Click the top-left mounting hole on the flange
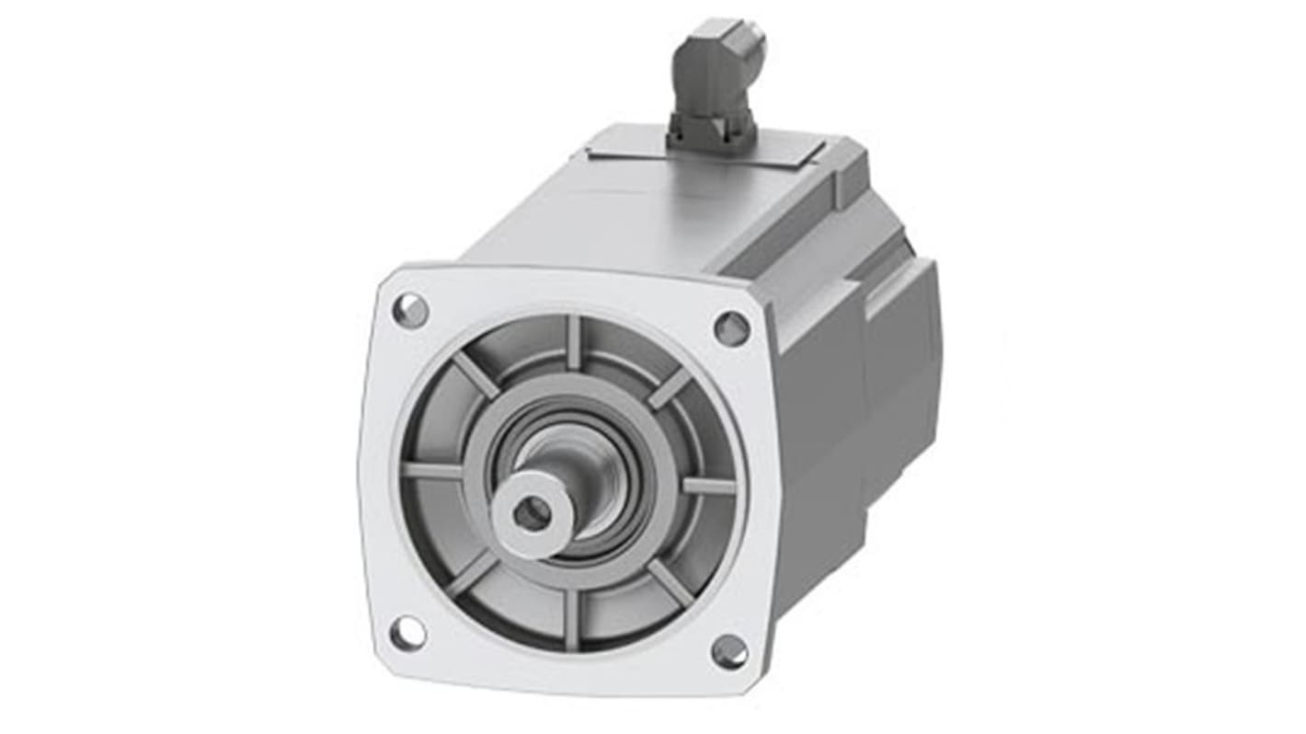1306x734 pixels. pyautogui.click(x=410, y=310)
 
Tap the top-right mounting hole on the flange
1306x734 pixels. pyautogui.click(x=731, y=327)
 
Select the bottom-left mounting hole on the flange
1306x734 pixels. pyautogui.click(x=407, y=633)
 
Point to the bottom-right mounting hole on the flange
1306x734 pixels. pyautogui.click(x=729, y=651)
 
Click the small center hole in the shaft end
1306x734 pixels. pyautogui.click(x=531, y=512)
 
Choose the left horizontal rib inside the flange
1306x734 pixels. pyautogui.click(x=432, y=471)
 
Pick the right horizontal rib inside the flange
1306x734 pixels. pyautogui.click(x=708, y=486)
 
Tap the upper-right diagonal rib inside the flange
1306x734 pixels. pyautogui.click(x=669, y=386)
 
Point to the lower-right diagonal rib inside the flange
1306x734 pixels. pyautogui.click(x=670, y=583)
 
